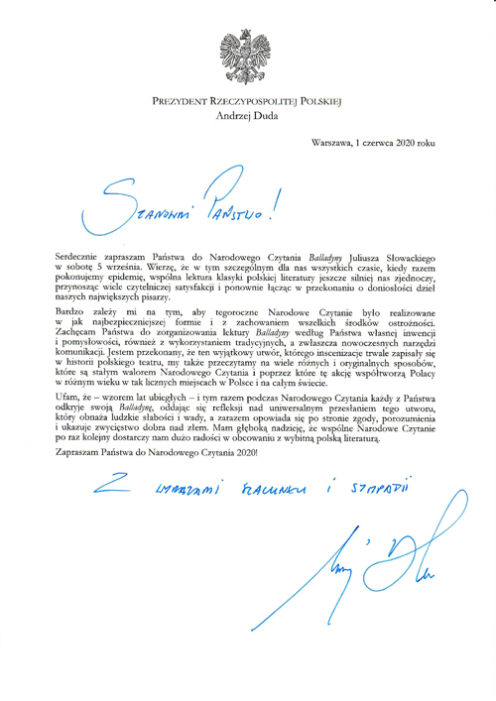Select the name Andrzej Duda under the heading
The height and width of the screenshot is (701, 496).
coord(247,115)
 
